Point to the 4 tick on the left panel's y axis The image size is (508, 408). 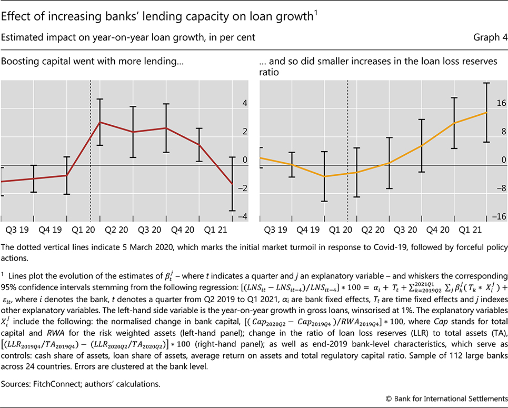pos(244,104)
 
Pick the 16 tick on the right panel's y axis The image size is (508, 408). pos(501,104)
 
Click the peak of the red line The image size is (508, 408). pos(100,122)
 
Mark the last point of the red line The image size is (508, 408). pos(232,183)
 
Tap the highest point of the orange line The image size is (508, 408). pos(487,112)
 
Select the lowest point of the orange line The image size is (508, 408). pos(325,176)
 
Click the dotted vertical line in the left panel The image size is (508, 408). pos(91,158)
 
